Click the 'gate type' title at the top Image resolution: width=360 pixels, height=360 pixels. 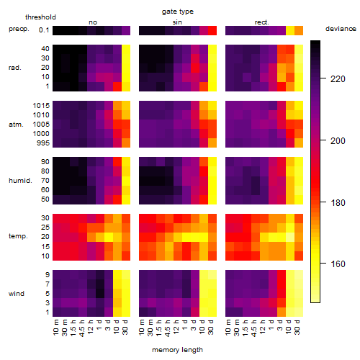tap(178, 12)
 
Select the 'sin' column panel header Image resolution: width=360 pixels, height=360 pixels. tap(177, 22)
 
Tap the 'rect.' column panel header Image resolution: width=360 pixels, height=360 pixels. tap(261, 22)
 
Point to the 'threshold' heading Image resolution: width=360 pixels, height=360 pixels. tap(40, 17)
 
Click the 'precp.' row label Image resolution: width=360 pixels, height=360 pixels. tap(19, 29)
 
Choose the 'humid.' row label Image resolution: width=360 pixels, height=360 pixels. tap(20, 180)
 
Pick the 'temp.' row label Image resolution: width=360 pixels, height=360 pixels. tap(18, 236)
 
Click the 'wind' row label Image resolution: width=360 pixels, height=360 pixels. tap(17, 293)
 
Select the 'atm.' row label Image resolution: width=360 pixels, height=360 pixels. tap(16, 125)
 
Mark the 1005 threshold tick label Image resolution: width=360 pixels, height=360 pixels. tap(41, 125)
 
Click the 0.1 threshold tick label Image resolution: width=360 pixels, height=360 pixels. tap(44, 30)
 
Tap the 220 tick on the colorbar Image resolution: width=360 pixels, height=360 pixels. tap(338, 78)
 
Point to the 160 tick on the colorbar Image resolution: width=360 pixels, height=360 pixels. tap(338, 264)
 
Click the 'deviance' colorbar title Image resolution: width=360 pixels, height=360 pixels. tap(341, 29)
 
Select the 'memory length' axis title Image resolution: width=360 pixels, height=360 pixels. tap(177, 350)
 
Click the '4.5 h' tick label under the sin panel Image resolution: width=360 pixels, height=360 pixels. tap(168, 328)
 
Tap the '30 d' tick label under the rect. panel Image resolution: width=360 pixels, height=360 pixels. tap(297, 327)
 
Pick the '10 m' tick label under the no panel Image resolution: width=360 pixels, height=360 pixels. tap(56, 328)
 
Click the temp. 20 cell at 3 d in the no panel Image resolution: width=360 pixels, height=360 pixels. tap(109, 237)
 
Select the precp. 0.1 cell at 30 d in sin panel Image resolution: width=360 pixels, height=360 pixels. tap(212, 30)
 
